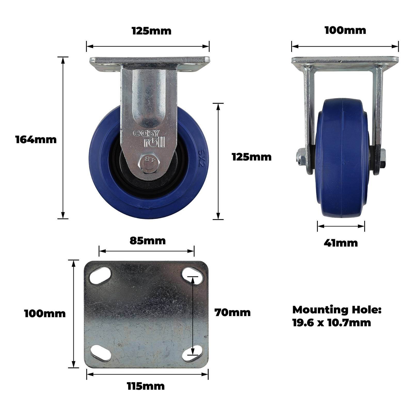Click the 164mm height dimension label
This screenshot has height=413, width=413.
(x=36, y=140)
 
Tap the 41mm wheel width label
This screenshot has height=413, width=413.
(x=341, y=243)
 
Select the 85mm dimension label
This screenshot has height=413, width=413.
(x=147, y=241)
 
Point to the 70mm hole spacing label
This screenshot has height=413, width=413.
(x=232, y=312)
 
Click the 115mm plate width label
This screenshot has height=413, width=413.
(x=146, y=386)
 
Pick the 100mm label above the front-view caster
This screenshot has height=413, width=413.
(x=345, y=30)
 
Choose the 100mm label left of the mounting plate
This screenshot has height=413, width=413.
(x=45, y=314)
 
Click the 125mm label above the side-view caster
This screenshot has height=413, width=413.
(x=152, y=31)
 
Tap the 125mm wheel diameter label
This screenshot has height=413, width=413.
(x=252, y=157)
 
